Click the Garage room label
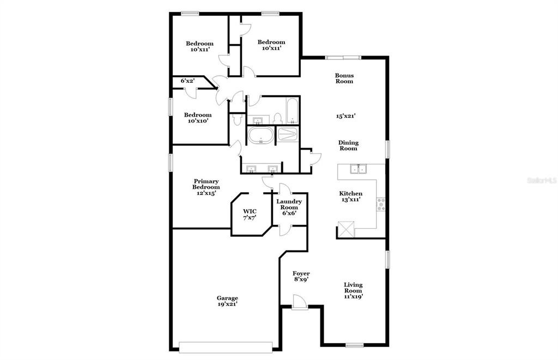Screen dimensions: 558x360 [x=227, y=298]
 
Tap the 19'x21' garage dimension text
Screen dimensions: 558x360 [x=227, y=304]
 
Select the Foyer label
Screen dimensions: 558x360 [x=301, y=273]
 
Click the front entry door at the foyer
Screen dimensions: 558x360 [x=299, y=302]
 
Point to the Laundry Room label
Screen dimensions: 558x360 [x=289, y=204]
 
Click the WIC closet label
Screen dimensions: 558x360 [x=250, y=211]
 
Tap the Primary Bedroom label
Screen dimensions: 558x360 [x=206, y=184]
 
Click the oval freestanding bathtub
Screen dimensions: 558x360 [x=261, y=135]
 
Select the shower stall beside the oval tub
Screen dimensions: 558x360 [x=288, y=135]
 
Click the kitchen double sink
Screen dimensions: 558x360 [x=359, y=169]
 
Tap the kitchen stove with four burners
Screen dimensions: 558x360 [x=381, y=204]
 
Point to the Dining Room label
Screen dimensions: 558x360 [x=348, y=145]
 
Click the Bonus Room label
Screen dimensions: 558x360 [x=344, y=78]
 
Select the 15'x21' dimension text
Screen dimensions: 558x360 [x=346, y=115]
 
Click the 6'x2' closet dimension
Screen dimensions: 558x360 [x=187, y=81]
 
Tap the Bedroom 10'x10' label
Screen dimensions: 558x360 [x=197, y=118]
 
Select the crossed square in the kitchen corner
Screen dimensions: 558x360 [x=346, y=229]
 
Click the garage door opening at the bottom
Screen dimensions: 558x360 [x=226, y=347]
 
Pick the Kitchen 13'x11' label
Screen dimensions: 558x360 [x=350, y=197]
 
